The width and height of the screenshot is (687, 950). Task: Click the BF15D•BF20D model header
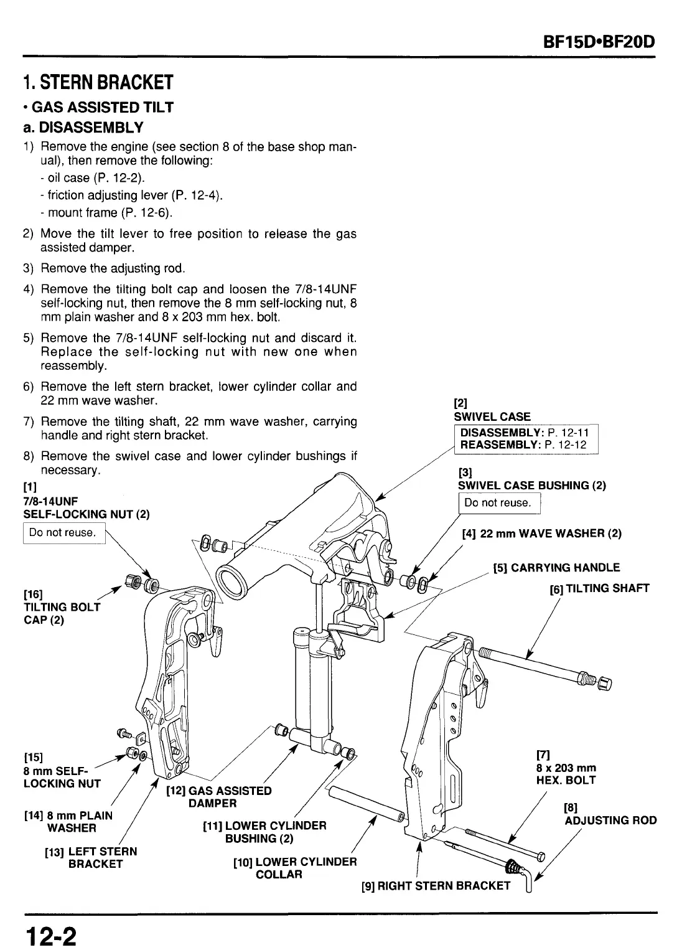coord(600,43)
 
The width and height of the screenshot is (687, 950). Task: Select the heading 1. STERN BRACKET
coord(97,82)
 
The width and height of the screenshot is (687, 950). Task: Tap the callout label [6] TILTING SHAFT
coord(599,588)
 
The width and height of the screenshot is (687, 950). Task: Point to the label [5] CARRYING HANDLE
coord(556,568)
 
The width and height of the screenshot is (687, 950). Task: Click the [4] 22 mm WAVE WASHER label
coord(541,534)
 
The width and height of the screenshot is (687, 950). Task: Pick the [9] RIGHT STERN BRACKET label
coord(436,885)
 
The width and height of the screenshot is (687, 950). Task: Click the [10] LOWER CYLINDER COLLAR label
coord(294,868)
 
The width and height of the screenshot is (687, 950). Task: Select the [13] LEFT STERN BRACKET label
coord(91,857)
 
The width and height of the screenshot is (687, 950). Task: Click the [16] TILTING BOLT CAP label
coord(61,606)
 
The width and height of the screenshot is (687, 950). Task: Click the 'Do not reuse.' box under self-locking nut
coord(63,533)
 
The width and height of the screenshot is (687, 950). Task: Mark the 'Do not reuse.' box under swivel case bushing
coord(498,503)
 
